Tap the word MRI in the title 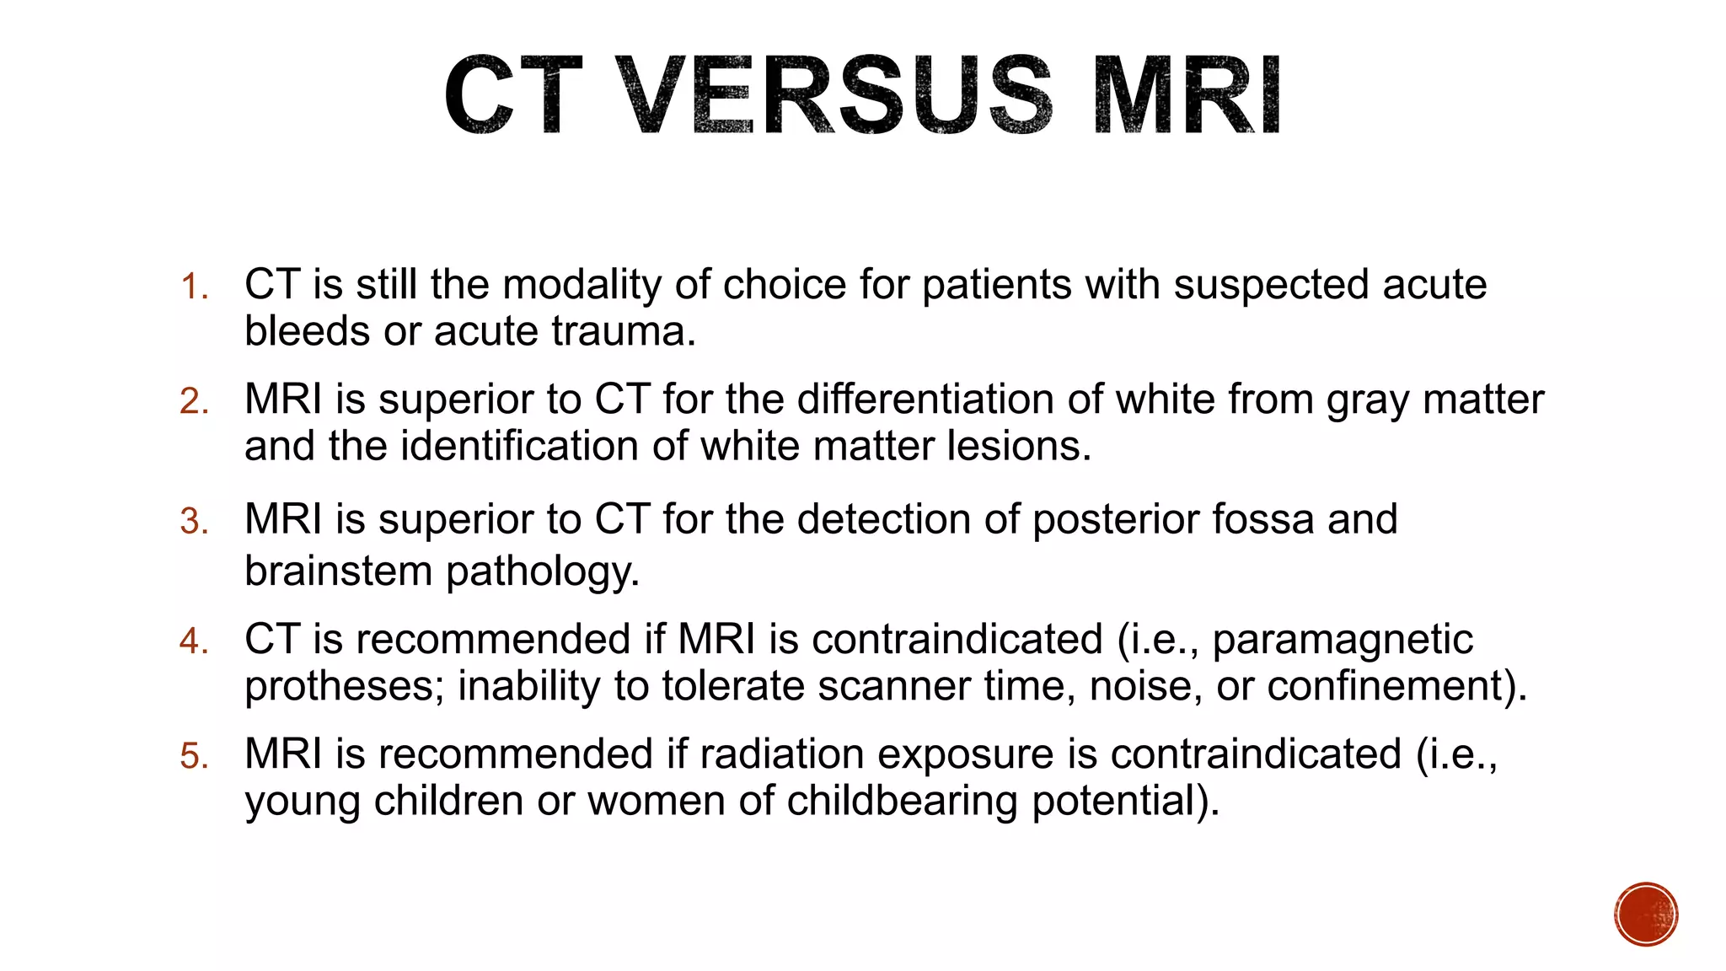click(x=1187, y=94)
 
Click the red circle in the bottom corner click(x=1646, y=915)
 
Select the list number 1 click(x=194, y=287)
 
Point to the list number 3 click(x=194, y=521)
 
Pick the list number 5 click(x=194, y=756)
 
